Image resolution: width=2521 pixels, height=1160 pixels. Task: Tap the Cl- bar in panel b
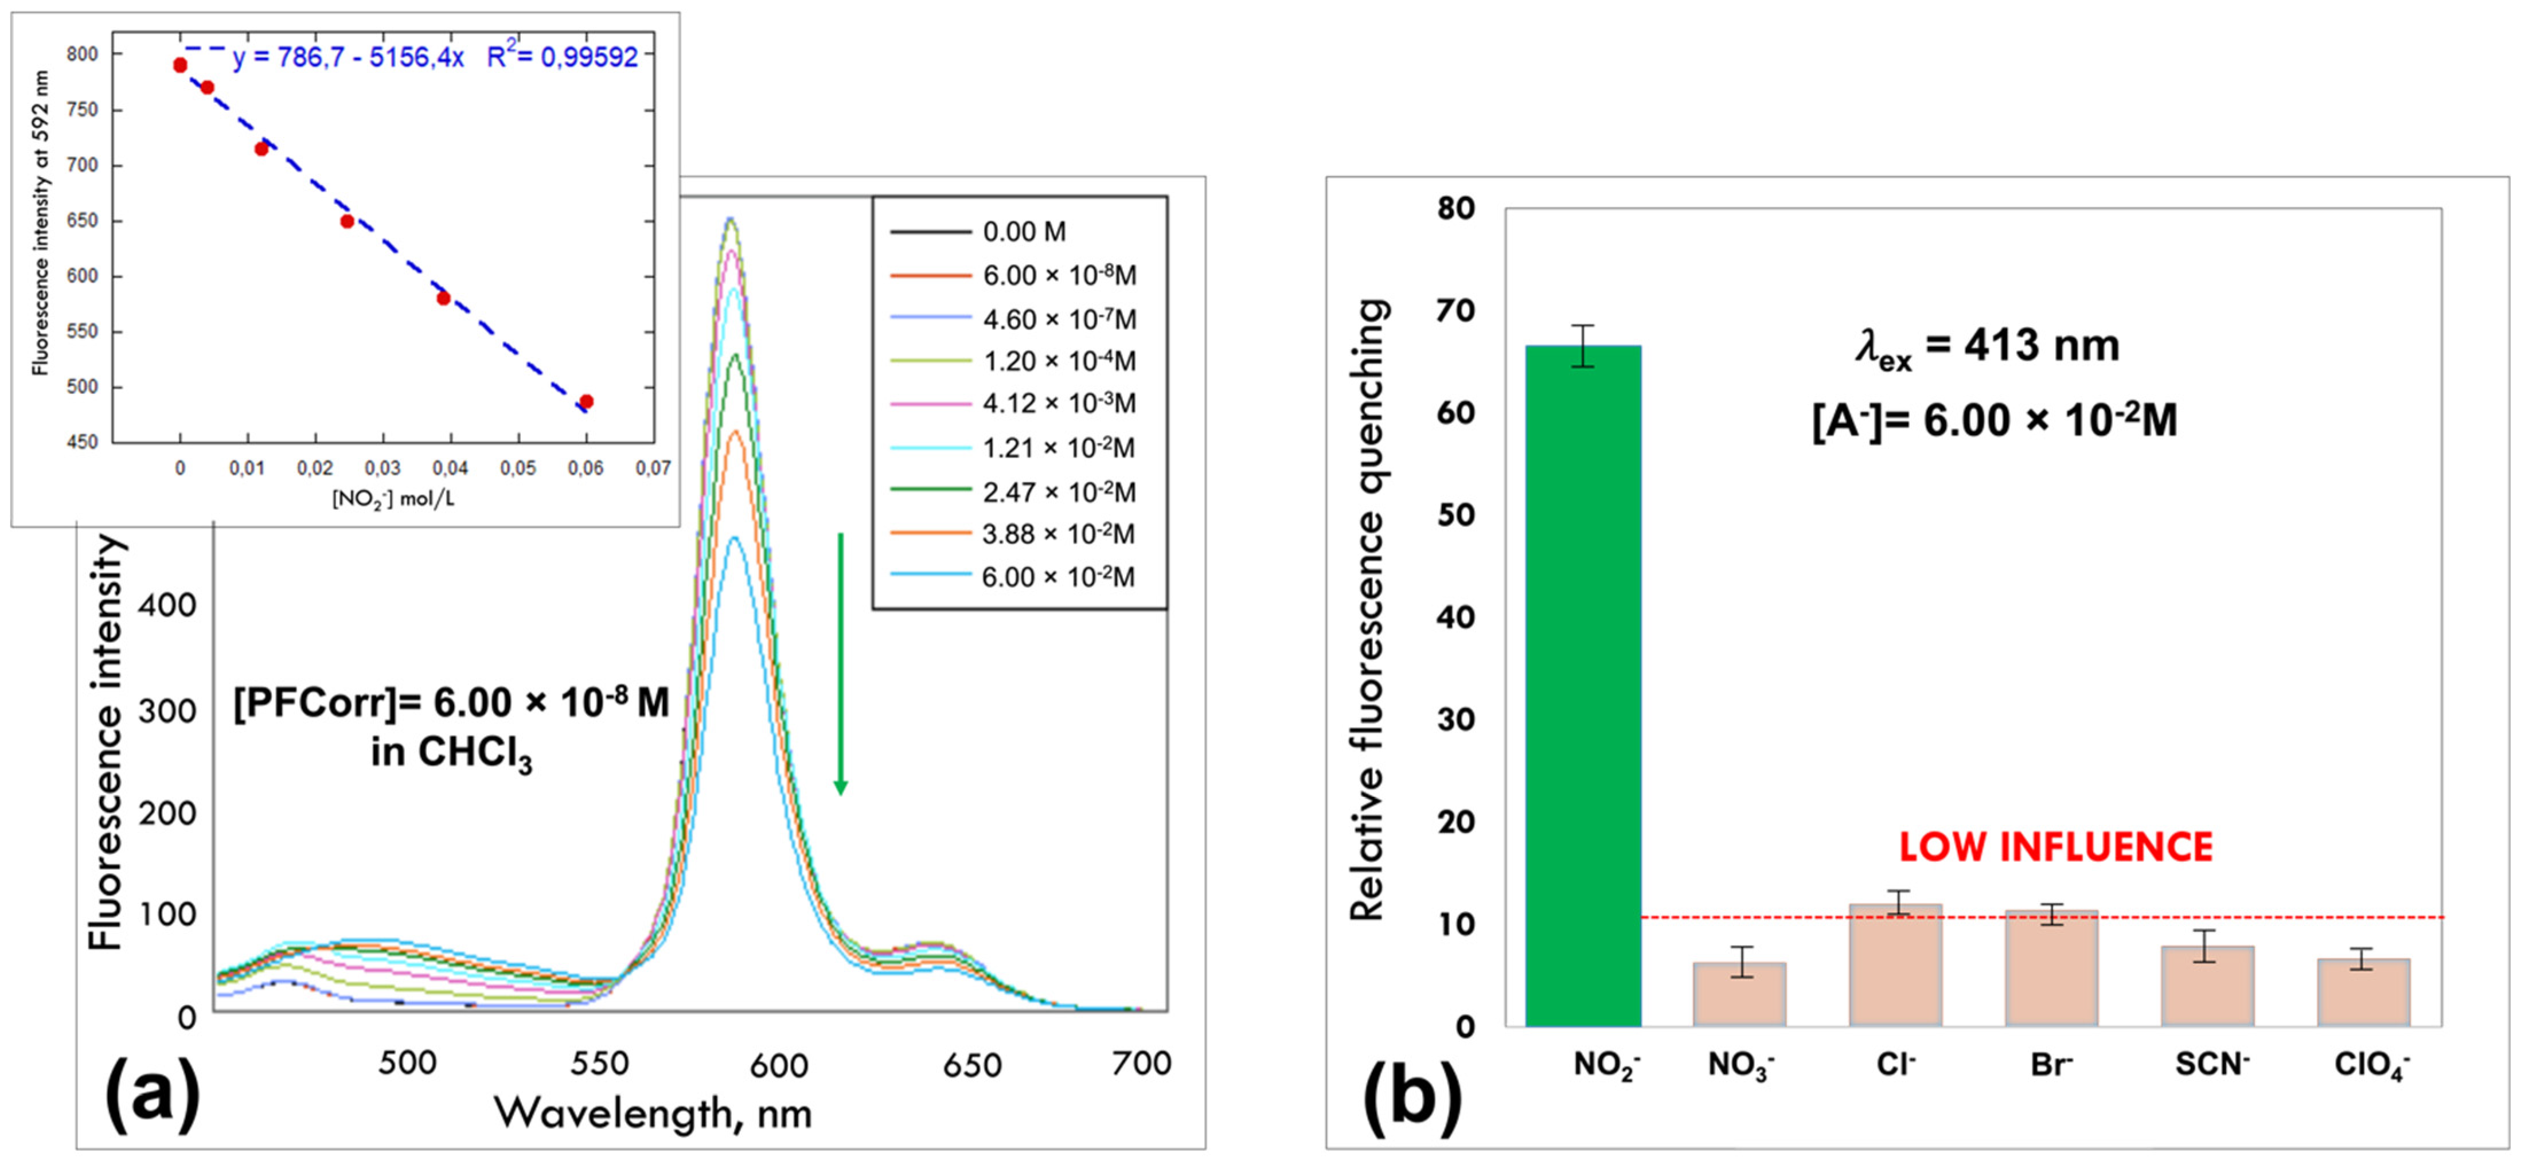[x=1896, y=964]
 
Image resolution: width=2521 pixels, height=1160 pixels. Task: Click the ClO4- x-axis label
[x=2371, y=1064]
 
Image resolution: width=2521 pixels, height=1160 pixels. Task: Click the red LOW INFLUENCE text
[x=2055, y=847]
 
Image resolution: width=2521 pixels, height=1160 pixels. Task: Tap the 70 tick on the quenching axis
[x=1455, y=310]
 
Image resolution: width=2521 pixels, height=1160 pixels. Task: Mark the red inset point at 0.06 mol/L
[x=586, y=401]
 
